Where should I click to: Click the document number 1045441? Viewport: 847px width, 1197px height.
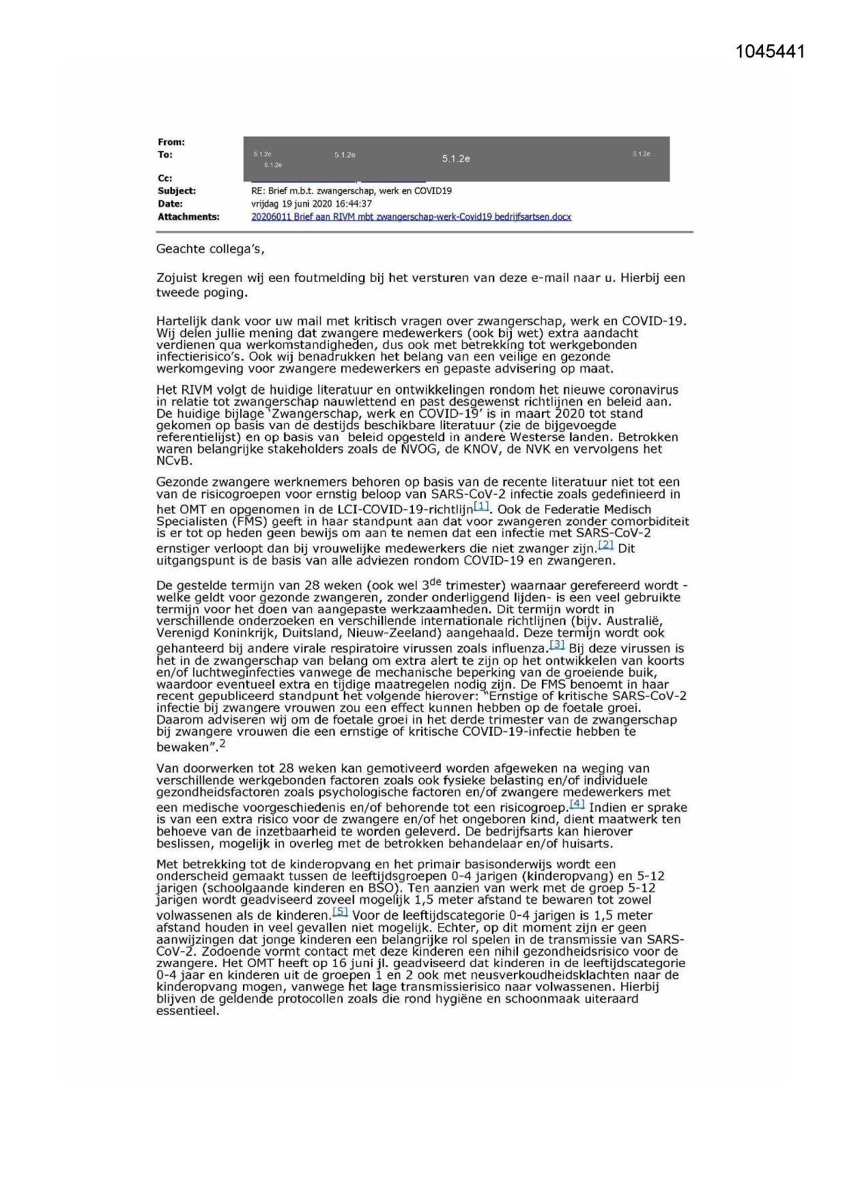[770, 51]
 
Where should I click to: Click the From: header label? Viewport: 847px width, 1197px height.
[171, 142]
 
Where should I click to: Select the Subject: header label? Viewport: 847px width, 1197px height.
[177, 191]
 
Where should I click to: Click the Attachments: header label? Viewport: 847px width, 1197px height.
[188, 217]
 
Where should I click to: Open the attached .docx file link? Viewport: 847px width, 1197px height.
[411, 217]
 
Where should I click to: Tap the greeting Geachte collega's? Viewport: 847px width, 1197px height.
[210, 249]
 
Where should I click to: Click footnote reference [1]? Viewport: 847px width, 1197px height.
[481, 506]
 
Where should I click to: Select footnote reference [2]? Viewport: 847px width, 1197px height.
[605, 545]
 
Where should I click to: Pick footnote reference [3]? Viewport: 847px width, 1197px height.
[557, 644]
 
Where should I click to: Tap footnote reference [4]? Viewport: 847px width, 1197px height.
[577, 804]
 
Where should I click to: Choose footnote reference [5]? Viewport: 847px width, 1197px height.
[340, 912]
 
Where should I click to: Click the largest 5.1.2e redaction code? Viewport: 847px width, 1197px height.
[456, 159]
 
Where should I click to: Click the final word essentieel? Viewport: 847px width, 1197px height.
[188, 1011]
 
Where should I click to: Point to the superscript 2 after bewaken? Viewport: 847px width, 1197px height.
[222, 744]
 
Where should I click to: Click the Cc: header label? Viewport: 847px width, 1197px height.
[164, 179]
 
